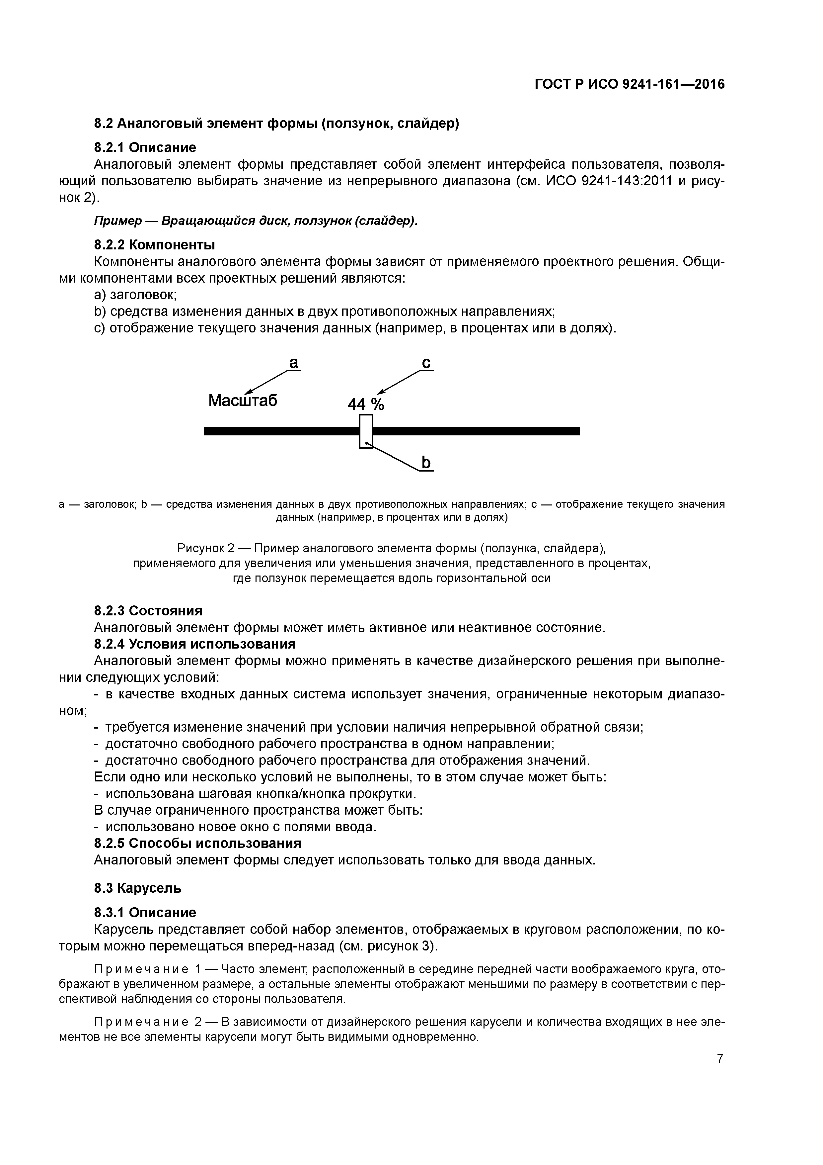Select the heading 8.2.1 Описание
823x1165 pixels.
coord(145,148)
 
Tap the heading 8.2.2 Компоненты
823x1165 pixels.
coord(155,245)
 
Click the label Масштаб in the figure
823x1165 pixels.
coord(243,401)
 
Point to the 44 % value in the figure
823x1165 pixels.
coord(366,404)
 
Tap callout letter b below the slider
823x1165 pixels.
coord(426,463)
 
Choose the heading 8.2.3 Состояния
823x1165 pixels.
coord(148,610)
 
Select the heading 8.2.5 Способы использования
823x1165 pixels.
coord(198,843)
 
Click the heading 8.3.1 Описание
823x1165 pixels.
coord(145,913)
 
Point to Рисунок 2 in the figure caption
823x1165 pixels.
coord(206,549)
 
